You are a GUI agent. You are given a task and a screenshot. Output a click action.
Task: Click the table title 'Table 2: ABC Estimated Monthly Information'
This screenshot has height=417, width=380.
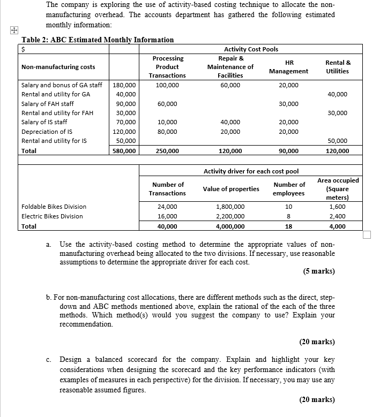(x=97, y=40)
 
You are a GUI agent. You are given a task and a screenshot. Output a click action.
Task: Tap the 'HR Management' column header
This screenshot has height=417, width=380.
(x=288, y=67)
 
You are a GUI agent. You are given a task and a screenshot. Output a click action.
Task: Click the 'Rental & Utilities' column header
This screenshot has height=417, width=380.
(x=338, y=67)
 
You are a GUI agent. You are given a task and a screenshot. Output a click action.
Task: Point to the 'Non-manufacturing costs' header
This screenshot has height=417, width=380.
(x=58, y=67)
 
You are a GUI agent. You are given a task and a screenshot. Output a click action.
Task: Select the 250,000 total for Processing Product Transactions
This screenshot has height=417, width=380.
(x=167, y=151)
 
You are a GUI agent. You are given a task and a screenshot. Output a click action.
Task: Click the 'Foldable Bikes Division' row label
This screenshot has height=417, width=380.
(x=54, y=207)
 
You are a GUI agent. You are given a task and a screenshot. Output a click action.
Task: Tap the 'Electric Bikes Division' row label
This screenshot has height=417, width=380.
(x=52, y=216)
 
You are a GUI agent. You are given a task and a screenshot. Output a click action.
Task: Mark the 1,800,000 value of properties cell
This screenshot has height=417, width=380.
(x=230, y=207)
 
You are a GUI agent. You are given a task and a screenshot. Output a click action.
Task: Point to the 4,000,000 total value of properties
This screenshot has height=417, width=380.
(x=230, y=226)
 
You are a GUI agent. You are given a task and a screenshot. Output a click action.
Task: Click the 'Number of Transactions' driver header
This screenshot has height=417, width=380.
(x=167, y=189)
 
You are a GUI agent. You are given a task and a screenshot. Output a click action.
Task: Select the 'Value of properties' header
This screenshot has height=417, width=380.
(x=231, y=189)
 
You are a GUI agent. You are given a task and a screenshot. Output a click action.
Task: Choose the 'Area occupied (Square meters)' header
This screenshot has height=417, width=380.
(x=338, y=189)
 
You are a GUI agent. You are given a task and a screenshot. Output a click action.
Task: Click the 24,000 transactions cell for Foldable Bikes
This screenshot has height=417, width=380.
(x=167, y=207)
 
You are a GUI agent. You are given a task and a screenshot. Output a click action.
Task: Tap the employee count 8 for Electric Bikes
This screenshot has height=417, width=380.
(x=289, y=216)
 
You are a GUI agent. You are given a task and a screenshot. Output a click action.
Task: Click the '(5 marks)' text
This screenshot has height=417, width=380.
(x=319, y=271)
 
